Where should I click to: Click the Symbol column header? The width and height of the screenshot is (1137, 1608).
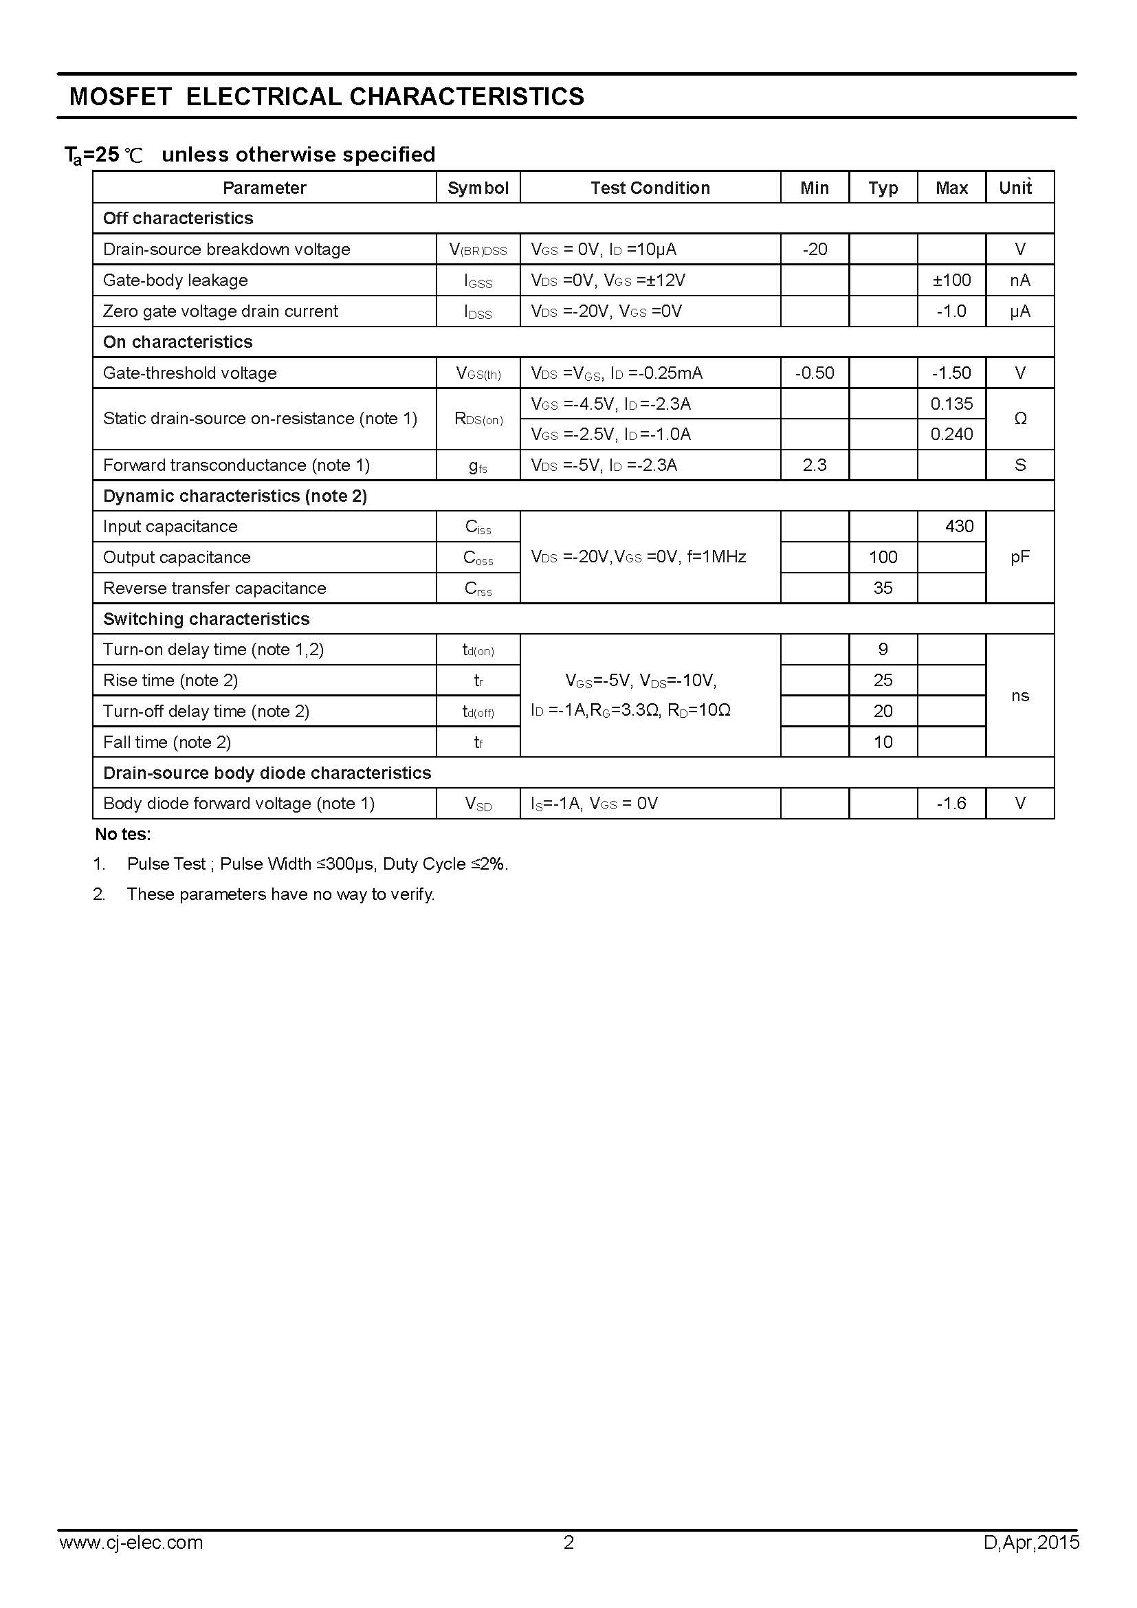478,188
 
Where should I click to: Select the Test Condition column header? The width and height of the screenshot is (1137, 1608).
650,188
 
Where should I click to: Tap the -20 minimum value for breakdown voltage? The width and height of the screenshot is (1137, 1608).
814,250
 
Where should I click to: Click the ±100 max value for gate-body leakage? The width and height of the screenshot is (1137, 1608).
951,280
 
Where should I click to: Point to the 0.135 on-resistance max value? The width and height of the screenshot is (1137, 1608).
951,404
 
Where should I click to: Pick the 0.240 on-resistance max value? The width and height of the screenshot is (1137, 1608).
951,434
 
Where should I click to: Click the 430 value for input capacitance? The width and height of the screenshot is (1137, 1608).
958,526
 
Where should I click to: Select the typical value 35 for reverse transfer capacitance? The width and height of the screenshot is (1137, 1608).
883,588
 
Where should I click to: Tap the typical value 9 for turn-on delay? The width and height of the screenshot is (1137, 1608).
883,649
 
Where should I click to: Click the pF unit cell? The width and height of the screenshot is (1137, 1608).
1020,557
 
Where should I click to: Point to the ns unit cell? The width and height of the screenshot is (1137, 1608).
1020,696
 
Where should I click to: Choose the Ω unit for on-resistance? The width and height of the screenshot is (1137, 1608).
1020,419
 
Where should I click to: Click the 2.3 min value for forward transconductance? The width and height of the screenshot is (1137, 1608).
814,465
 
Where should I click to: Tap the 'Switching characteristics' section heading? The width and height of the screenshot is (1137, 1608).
206,619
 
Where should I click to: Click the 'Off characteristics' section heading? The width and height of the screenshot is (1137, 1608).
178,219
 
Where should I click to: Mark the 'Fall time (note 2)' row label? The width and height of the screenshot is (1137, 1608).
166,742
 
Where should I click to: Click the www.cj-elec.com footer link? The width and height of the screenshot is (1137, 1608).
131,1563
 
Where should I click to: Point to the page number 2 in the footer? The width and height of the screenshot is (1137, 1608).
568,1563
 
